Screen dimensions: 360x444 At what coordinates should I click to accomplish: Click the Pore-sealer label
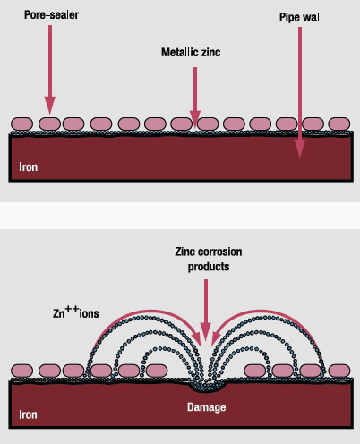(51, 15)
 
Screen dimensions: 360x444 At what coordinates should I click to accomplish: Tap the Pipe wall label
(301, 17)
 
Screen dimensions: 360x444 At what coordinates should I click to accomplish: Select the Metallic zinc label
(191, 53)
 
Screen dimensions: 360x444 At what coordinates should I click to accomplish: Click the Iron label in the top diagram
(29, 166)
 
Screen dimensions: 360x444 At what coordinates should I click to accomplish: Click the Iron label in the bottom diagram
(29, 414)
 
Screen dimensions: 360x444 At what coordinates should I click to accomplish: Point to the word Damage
(207, 407)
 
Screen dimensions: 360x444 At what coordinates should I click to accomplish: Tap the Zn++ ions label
(76, 312)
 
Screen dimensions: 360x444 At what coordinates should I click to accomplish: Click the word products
(209, 267)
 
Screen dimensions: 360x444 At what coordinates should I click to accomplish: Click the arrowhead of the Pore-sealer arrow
(50, 105)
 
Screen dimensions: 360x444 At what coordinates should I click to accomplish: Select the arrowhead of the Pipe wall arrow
(300, 149)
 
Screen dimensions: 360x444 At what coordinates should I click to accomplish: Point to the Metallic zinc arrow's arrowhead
(195, 119)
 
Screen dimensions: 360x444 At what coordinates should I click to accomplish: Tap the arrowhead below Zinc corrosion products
(206, 332)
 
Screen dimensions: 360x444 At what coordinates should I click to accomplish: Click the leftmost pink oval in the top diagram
(21, 124)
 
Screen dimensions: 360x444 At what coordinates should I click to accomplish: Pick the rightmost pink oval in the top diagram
(339, 124)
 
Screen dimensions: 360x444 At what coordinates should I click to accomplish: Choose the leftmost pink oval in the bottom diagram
(21, 371)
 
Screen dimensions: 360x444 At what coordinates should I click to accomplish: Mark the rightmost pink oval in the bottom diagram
(339, 371)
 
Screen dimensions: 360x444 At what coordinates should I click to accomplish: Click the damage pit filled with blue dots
(209, 387)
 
